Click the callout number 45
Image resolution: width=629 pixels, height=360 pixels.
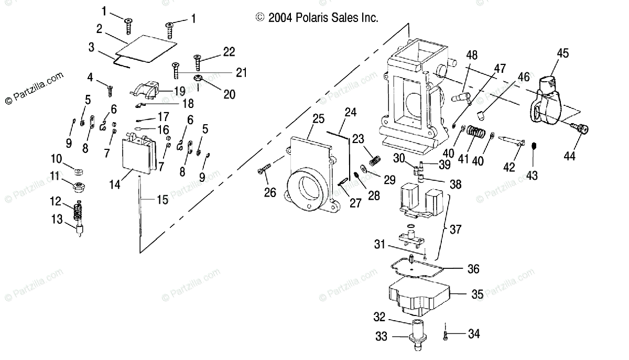(x=562, y=53)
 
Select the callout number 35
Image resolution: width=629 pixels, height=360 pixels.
(x=477, y=294)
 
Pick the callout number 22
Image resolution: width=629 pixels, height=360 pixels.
(x=229, y=51)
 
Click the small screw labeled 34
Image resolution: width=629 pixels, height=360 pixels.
(x=445, y=333)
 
